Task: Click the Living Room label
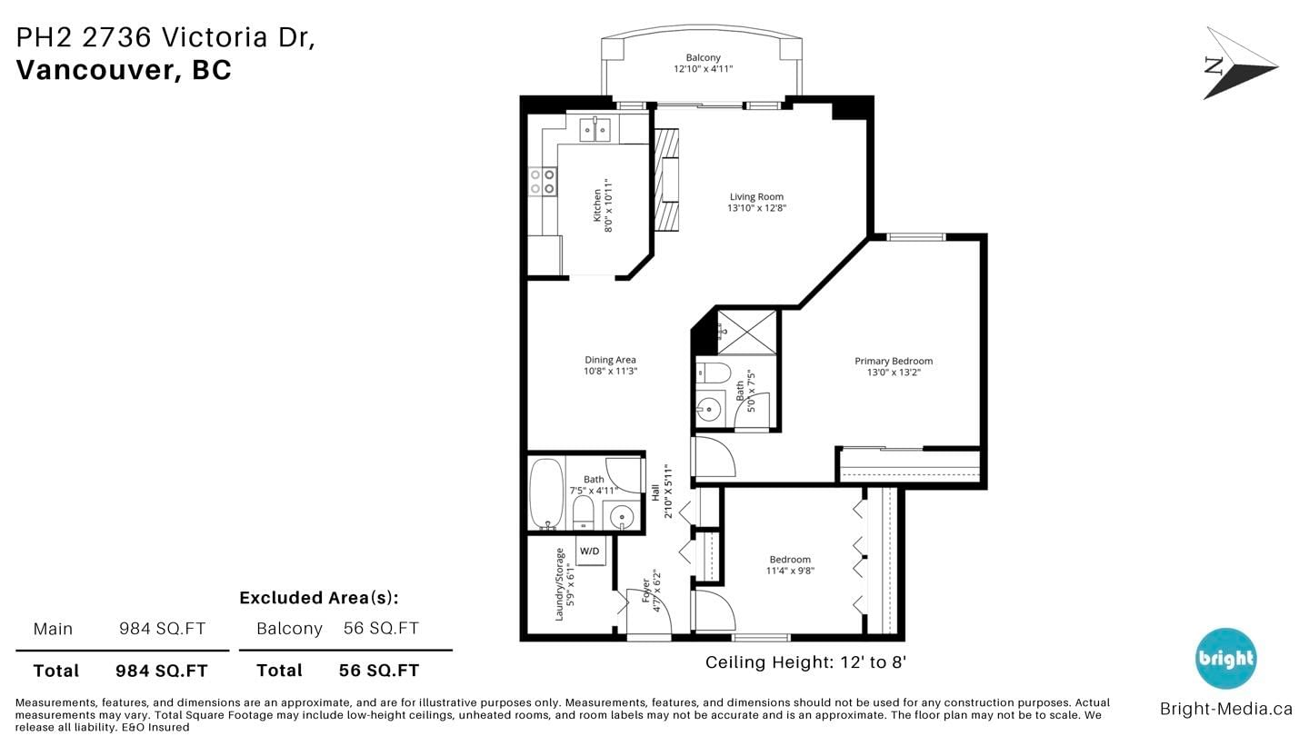pyautogui.click(x=756, y=197)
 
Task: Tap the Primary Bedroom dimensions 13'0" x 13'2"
pyautogui.click(x=894, y=373)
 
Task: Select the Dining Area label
pyautogui.click(x=610, y=360)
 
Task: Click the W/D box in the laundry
pyautogui.click(x=590, y=551)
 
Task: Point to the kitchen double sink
pyautogui.click(x=595, y=129)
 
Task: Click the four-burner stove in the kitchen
pyautogui.click(x=543, y=181)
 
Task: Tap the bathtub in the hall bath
pyautogui.click(x=546, y=494)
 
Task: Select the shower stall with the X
pyautogui.click(x=746, y=333)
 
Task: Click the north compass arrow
pyautogui.click(x=1239, y=63)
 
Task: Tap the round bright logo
pyautogui.click(x=1225, y=658)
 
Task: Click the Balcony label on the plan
pyautogui.click(x=703, y=57)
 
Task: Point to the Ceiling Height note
pyautogui.click(x=805, y=662)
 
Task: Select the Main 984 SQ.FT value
pyautogui.click(x=163, y=629)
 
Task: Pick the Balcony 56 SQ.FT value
pyautogui.click(x=381, y=628)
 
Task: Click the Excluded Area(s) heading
pyautogui.click(x=319, y=598)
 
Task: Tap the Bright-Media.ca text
pyautogui.click(x=1226, y=709)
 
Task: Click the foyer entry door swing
pyautogui.click(x=649, y=612)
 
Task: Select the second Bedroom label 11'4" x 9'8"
pyautogui.click(x=790, y=565)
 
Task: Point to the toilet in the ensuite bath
pyautogui.click(x=714, y=373)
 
